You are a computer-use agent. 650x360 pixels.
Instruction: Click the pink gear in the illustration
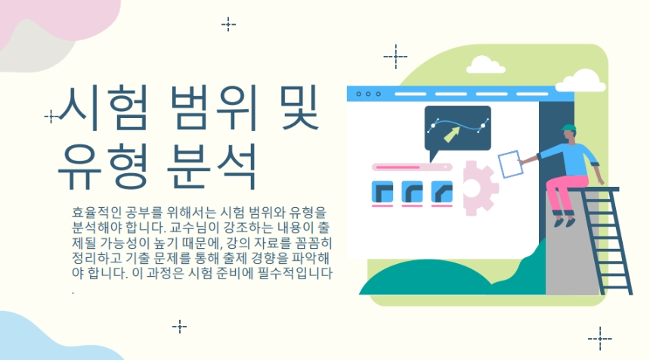tap(478, 185)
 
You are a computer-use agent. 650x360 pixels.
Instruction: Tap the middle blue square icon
tap(413, 192)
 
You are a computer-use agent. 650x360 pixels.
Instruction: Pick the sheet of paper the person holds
tap(511, 163)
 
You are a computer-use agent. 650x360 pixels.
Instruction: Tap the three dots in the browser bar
tap(368, 94)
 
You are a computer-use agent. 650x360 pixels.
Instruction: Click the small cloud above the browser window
tap(487, 65)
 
